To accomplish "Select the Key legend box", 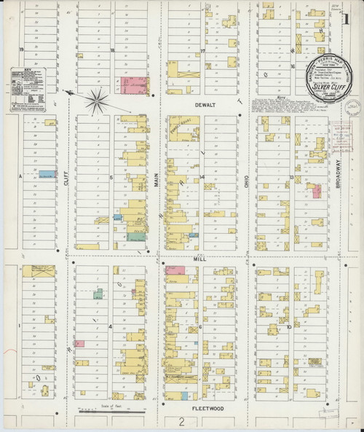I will tap(26, 89).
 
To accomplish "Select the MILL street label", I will tap(201, 258).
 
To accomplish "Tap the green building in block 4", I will tap(96, 294).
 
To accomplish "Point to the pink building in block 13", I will tap(316, 191).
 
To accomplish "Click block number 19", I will tap(23, 50).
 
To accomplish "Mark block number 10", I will tap(288, 328).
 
